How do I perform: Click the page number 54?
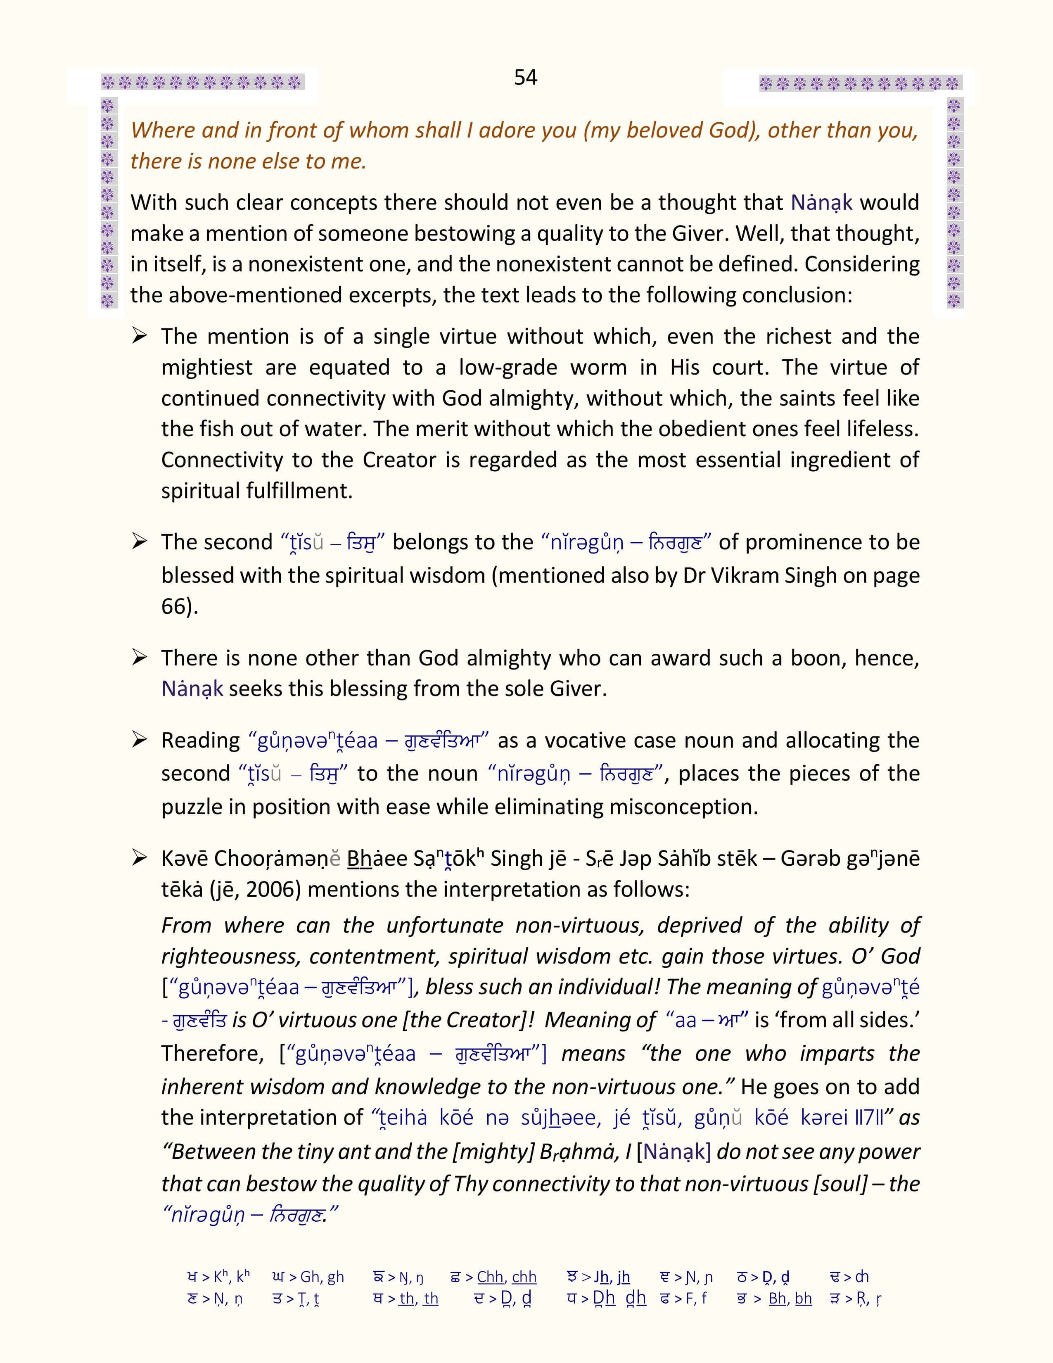[x=525, y=77]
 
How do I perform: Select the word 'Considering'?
[x=862, y=264]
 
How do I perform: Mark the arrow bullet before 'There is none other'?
[x=139, y=658]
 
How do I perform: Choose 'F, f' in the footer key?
[x=695, y=1298]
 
